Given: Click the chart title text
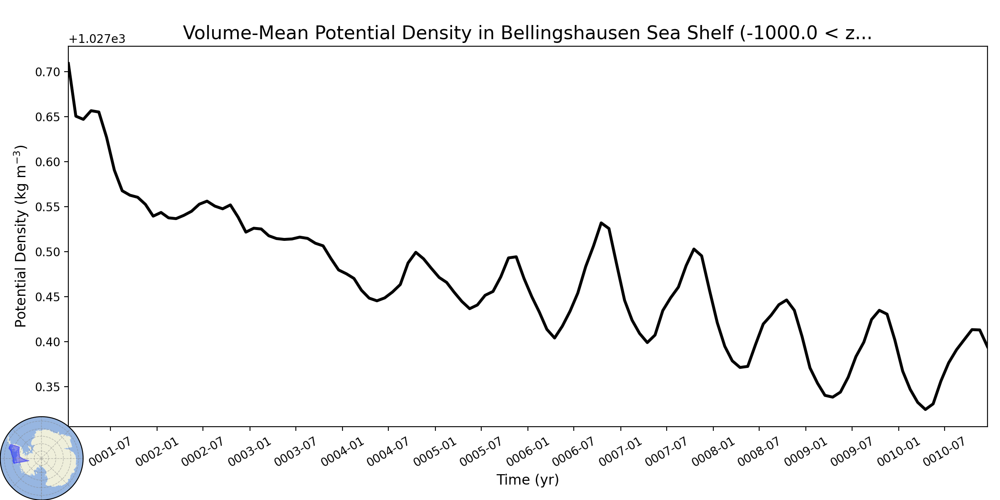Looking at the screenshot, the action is click(527, 33).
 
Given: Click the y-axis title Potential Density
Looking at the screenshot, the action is click(21, 236).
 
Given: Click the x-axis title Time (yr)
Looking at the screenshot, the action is click(527, 480).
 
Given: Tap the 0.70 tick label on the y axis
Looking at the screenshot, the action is click(47, 72).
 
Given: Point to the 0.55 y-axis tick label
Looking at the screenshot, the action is click(47, 207).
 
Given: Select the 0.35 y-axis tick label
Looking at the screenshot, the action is click(47, 387).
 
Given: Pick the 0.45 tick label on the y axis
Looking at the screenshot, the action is click(47, 297).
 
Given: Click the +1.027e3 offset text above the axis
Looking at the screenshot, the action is click(97, 40).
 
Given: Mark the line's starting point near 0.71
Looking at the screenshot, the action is click(69, 63).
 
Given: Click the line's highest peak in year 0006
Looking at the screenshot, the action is click(601, 223).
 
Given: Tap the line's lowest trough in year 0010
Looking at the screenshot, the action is click(925, 410).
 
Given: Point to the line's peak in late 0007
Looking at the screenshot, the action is click(694, 249).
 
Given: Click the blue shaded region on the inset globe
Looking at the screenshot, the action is click(16, 454).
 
